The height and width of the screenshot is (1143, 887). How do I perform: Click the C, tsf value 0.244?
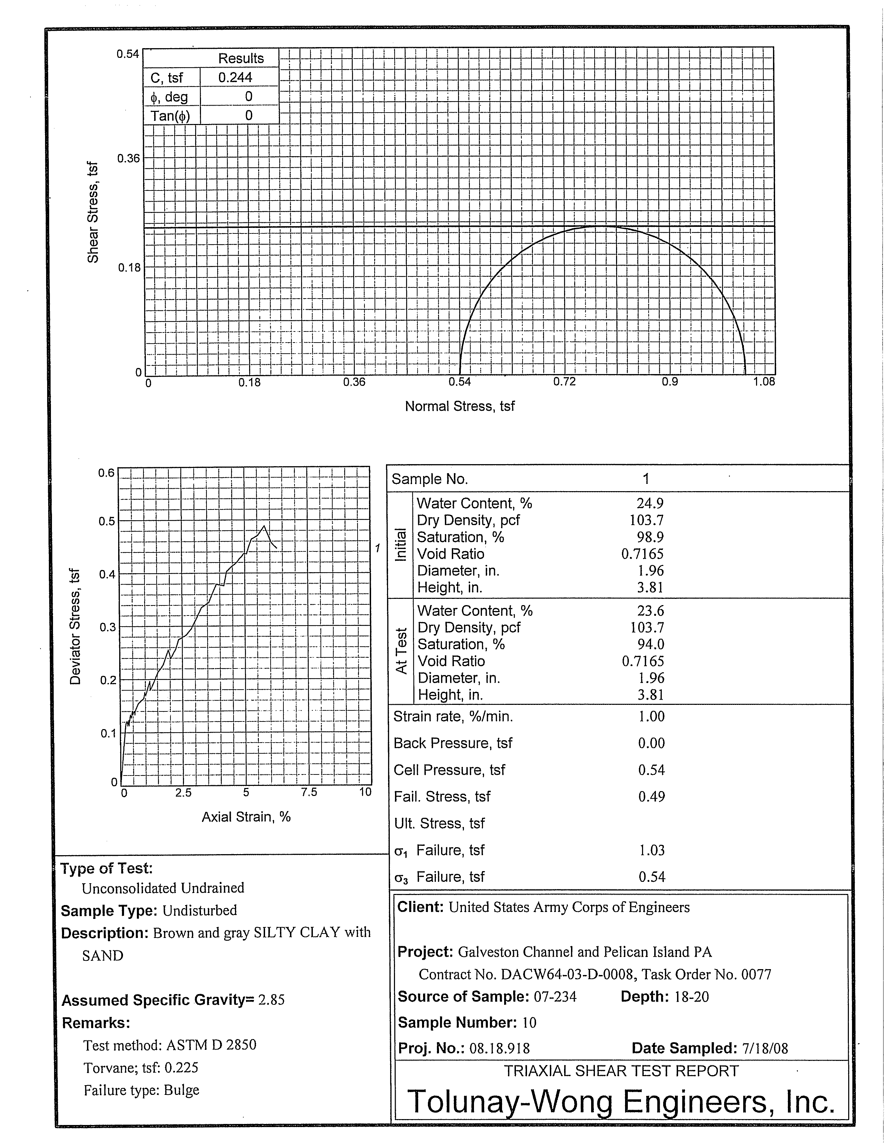pos(235,78)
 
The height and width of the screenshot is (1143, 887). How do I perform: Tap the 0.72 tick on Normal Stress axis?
pos(564,382)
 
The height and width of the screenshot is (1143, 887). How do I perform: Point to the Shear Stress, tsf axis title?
pos(93,212)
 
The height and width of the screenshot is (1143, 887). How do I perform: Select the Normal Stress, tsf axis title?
pos(460,406)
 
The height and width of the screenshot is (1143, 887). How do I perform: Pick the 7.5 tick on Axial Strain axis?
pos(309,792)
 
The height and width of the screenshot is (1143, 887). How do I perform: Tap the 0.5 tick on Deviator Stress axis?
pos(107,521)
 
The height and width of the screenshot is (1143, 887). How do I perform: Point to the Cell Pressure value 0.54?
pos(651,770)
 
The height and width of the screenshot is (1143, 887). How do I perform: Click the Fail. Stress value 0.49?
pos(651,797)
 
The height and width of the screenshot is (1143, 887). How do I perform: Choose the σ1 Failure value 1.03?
pos(651,850)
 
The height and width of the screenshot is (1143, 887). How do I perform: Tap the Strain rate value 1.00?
pos(651,716)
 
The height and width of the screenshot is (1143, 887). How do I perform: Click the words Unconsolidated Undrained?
pos(163,888)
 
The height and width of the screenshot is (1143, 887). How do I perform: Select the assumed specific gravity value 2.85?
pos(271,1000)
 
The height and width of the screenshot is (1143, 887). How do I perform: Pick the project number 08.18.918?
pos(500,1048)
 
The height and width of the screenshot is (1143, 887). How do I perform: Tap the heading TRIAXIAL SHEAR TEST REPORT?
pos(621,1071)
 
